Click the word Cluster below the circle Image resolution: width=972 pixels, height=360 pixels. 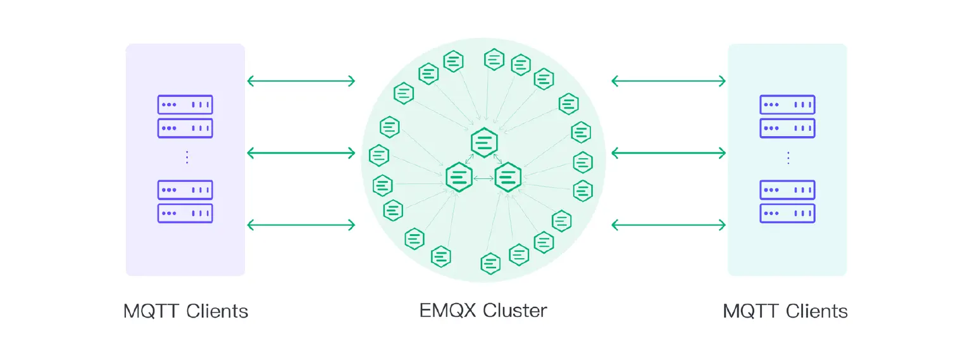tap(515, 311)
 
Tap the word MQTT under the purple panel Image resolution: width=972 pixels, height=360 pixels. tap(151, 311)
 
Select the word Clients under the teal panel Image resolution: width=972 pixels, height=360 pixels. tap(817, 311)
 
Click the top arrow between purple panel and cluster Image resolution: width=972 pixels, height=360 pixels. tap(301, 80)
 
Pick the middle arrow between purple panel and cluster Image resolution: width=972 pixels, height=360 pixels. tap(301, 152)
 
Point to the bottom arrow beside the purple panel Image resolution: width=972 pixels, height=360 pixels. tap(301, 225)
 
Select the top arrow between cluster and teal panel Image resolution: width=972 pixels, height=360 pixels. tap(668, 80)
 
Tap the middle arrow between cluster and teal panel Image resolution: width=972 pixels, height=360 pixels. tap(668, 152)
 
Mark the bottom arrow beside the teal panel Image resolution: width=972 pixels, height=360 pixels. tap(668, 225)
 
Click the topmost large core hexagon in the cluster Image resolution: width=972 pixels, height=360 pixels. tap(484, 142)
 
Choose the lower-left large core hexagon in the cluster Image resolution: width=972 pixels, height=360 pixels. tap(459, 177)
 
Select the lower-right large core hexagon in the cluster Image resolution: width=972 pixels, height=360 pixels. tap(508, 177)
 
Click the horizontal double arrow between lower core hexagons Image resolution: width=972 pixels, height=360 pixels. tap(483, 179)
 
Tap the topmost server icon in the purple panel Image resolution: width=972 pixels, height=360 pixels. tap(185, 104)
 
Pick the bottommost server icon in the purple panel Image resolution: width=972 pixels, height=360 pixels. tap(185, 213)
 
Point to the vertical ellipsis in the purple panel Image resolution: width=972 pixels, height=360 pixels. tap(187, 158)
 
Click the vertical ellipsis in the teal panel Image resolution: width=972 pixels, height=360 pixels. tap(788, 158)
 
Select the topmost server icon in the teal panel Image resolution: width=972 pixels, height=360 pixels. tap(787, 104)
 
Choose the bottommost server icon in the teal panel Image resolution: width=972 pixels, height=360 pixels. tap(787, 213)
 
